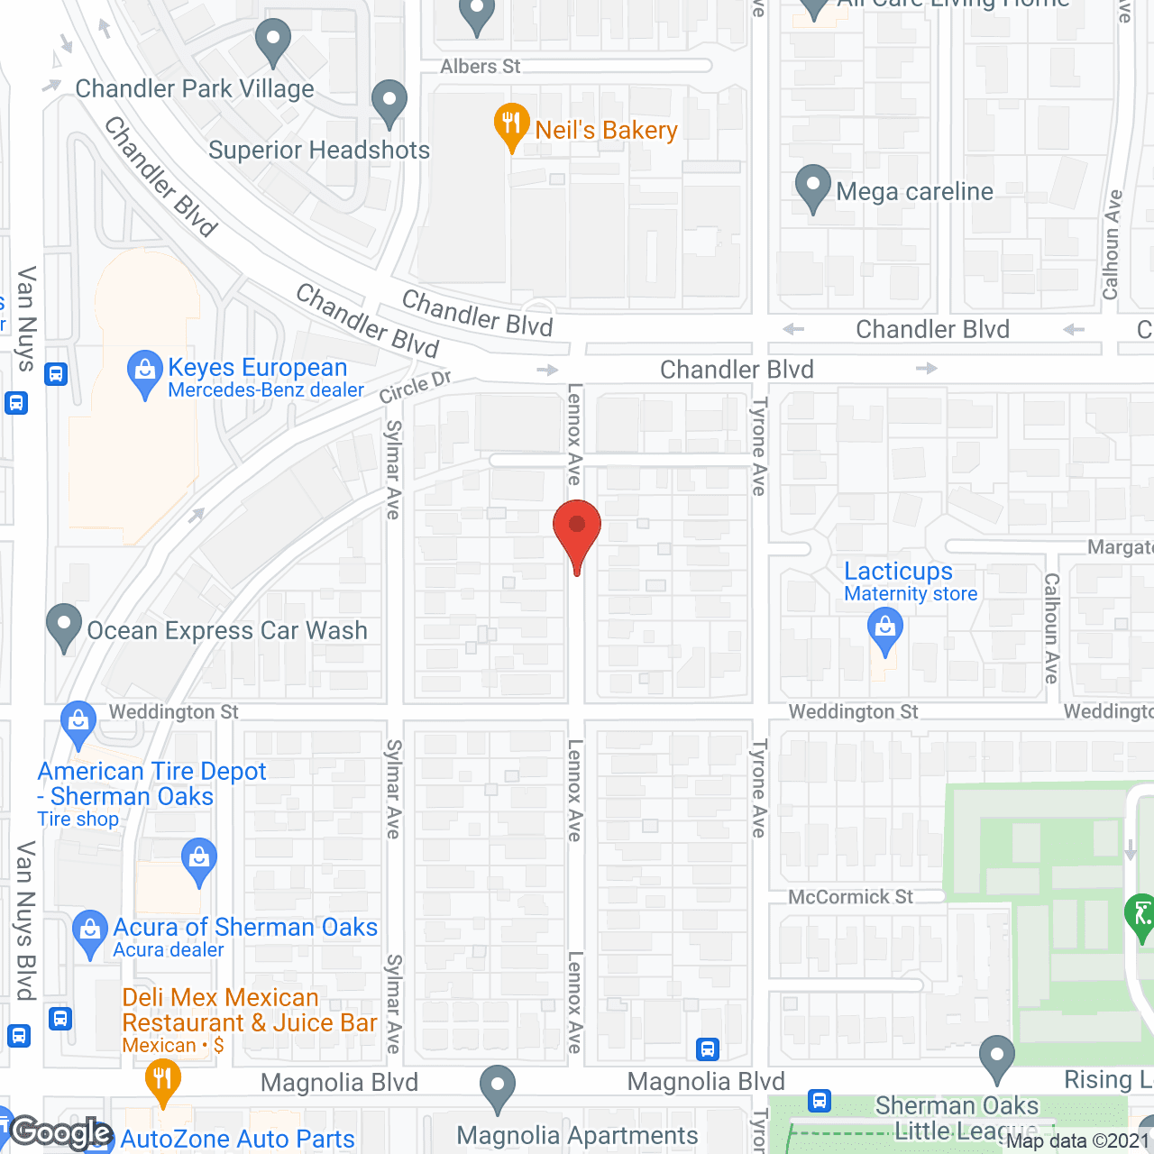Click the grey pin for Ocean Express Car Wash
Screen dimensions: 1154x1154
[63, 625]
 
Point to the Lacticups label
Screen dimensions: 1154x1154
[898, 572]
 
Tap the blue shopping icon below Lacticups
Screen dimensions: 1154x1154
[885, 628]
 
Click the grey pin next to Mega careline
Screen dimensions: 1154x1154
[812, 187]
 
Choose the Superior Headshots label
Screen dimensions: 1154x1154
[319, 150]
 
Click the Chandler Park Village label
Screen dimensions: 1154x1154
[195, 88]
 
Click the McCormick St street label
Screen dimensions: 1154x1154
[850, 897]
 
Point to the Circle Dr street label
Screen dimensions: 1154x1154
[415, 387]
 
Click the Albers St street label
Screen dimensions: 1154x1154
[480, 67]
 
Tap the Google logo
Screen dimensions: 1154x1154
[61, 1132]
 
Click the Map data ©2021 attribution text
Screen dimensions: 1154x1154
[1078, 1141]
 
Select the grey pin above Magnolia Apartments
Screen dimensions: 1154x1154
[497, 1087]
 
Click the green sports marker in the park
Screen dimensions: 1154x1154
[1140, 916]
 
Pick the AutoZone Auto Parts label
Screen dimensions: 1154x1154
[237, 1140]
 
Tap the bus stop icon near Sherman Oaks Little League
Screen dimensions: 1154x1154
[819, 1100]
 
